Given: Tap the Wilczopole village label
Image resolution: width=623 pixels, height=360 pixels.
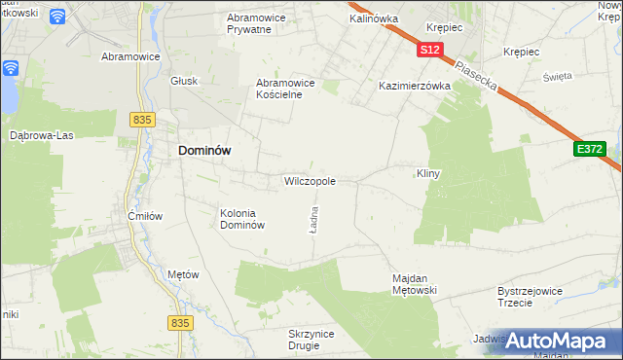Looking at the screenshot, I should (310, 181).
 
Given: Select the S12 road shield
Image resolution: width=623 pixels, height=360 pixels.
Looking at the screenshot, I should (432, 49).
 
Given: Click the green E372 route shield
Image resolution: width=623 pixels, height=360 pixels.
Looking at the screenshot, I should (589, 148).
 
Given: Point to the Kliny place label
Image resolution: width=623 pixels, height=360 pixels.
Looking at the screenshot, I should (429, 173).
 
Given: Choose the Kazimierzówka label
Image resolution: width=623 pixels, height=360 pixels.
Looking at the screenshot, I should (415, 86).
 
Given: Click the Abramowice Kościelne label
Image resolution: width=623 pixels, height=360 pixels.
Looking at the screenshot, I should (285, 89).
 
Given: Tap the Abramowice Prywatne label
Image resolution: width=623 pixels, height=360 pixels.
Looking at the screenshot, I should (261, 23).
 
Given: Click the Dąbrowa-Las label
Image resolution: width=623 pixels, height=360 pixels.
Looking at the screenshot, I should (40, 135).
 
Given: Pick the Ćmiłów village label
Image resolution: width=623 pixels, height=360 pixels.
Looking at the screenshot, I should (144, 216).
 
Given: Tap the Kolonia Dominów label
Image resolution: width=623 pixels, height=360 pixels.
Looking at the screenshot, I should (242, 219).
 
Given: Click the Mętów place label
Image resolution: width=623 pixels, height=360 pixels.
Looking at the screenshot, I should (183, 274).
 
